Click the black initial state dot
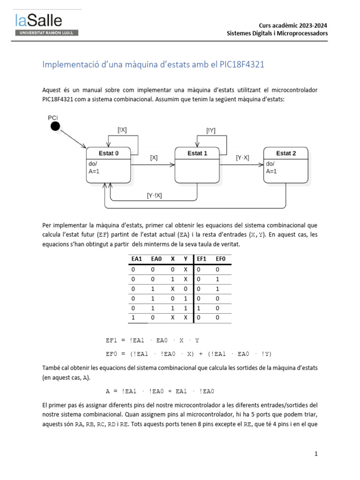point(55,126)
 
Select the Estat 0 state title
point(108,153)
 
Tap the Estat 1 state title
point(197,153)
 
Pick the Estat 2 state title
point(286,153)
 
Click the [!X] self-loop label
point(122,131)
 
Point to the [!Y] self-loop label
point(211,131)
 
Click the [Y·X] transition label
point(243,158)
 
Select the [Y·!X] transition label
point(154,195)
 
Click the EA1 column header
point(136,259)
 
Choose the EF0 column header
point(220,259)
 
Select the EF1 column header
point(202,259)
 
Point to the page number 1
point(316,454)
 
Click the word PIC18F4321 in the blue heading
point(242,65)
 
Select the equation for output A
point(160,391)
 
